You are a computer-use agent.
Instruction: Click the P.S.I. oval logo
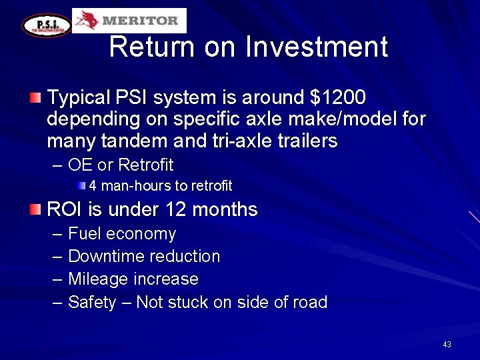[x=47, y=25]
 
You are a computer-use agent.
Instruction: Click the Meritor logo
[x=129, y=21]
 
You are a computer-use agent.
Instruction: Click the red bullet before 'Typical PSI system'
[x=35, y=99]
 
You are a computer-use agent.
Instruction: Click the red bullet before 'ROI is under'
[x=35, y=210]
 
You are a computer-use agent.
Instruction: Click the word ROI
[x=65, y=210]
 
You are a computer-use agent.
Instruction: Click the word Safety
[x=91, y=303]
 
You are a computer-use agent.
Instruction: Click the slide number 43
[x=447, y=345]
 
